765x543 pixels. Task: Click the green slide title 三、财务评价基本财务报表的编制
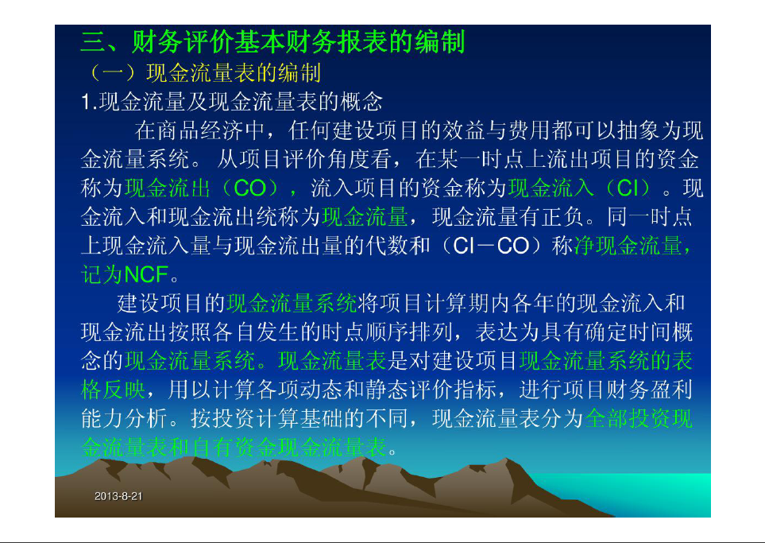click(x=272, y=42)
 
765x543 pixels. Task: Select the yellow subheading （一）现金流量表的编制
click(x=205, y=73)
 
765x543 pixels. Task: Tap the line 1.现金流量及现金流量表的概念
click(x=232, y=102)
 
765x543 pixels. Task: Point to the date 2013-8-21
click(x=118, y=496)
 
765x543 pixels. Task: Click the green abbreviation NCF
click(x=147, y=274)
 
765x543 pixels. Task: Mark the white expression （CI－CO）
click(x=491, y=246)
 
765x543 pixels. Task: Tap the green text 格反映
click(x=113, y=390)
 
